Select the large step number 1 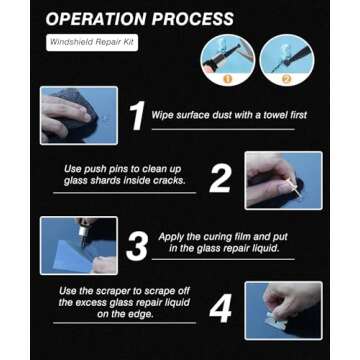tap(137, 115)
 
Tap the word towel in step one tap(272, 116)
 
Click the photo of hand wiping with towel tap(73, 115)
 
